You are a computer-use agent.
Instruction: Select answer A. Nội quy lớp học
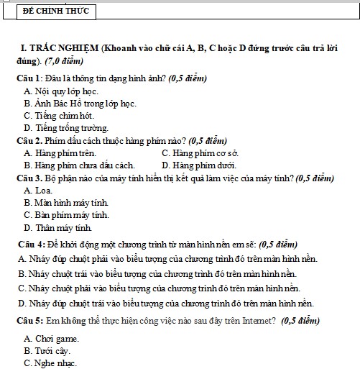(x=61, y=91)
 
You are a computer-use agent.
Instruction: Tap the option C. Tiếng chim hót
(x=59, y=116)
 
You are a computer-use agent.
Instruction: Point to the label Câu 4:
(x=32, y=242)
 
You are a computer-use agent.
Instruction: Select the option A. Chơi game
(x=51, y=338)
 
